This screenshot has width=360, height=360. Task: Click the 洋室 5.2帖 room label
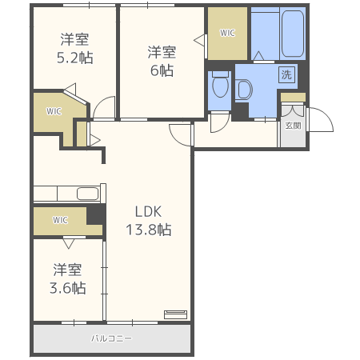click(75, 48)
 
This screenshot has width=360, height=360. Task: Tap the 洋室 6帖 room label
click(162, 61)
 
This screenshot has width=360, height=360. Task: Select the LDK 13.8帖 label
click(149, 221)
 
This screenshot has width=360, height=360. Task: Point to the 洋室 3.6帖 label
click(68, 278)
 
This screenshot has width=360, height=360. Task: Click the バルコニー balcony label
click(111, 338)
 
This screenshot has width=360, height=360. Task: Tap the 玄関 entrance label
click(293, 126)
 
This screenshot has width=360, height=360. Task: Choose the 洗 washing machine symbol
click(286, 74)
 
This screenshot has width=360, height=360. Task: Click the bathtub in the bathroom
click(293, 34)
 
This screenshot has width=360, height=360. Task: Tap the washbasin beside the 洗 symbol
click(244, 90)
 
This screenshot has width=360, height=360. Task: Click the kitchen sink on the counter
click(88, 194)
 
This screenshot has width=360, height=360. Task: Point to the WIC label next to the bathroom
click(227, 33)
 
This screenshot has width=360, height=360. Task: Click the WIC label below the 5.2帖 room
click(54, 111)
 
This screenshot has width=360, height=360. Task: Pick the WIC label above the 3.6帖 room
click(60, 220)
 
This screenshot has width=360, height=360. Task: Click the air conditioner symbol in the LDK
click(175, 314)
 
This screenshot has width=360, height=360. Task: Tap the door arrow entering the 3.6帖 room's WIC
click(69, 244)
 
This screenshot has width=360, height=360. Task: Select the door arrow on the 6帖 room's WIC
click(199, 41)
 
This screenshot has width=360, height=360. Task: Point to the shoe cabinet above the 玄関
click(293, 97)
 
